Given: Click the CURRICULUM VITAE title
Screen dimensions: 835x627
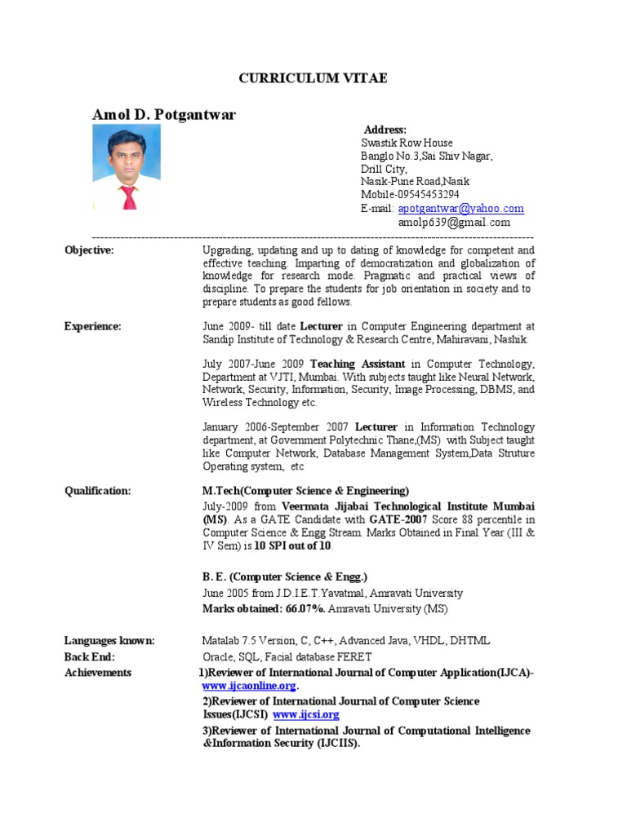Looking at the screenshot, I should [x=313, y=78].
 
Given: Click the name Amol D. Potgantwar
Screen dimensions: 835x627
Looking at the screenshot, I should [x=163, y=115].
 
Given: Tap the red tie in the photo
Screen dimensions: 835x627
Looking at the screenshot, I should [x=128, y=197].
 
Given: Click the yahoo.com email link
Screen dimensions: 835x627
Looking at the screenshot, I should [x=460, y=209].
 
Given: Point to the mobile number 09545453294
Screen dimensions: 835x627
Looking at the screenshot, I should [x=410, y=195].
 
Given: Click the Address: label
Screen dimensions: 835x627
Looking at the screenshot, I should [x=385, y=130].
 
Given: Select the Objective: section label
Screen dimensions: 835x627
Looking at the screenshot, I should [x=89, y=250].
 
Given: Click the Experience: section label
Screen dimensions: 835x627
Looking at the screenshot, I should [x=92, y=326].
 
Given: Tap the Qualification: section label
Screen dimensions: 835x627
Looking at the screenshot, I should [x=97, y=491].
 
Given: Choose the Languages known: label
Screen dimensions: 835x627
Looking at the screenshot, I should [x=109, y=641].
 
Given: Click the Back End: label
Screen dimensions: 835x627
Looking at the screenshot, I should [x=90, y=656].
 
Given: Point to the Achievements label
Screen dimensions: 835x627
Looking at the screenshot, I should [x=98, y=673].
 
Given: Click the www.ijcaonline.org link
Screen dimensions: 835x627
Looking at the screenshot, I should [x=244, y=687].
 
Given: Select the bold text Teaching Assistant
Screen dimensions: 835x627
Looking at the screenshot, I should [x=357, y=364].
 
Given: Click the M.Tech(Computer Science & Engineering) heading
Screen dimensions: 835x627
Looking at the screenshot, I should [x=306, y=491].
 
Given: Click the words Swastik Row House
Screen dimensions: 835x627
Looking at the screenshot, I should [x=407, y=143].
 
